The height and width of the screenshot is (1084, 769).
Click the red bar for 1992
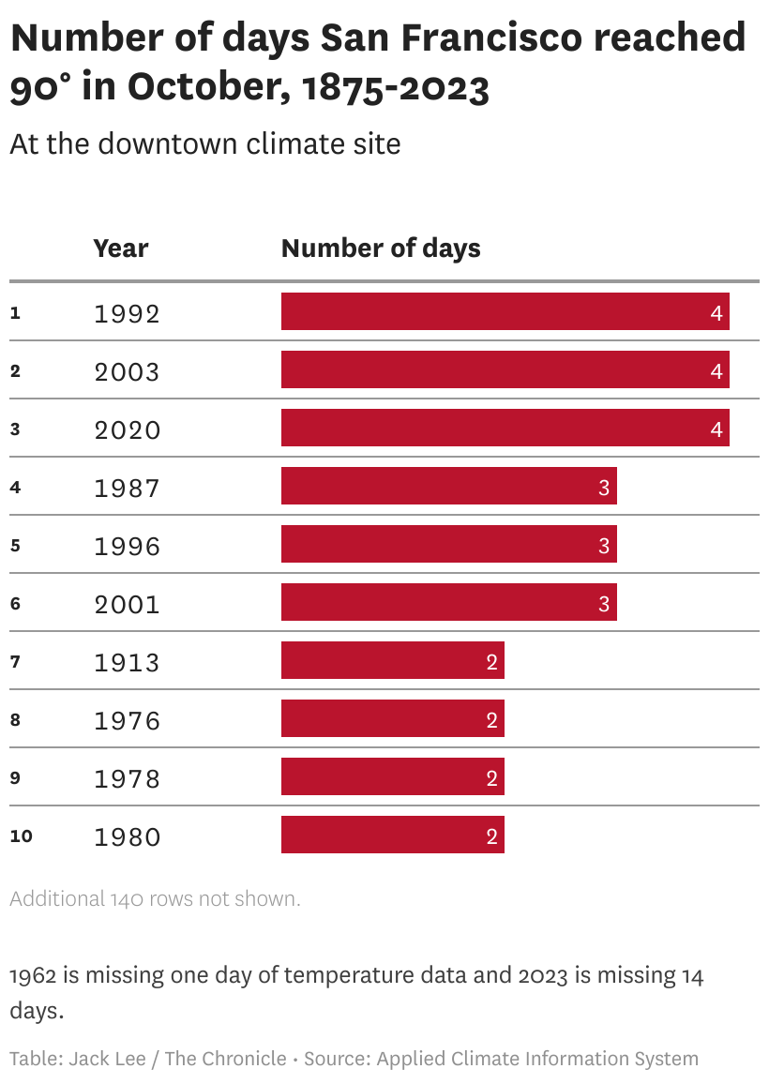[505, 311]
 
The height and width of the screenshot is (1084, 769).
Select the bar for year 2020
[505, 428]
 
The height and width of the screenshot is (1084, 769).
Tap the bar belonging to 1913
[393, 660]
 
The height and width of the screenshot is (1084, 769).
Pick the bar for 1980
[393, 835]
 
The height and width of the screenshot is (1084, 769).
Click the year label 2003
[128, 372]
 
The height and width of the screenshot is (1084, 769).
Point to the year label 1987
[128, 488]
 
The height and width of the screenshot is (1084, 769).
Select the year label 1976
[128, 720]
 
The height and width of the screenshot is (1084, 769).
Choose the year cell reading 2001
[128, 604]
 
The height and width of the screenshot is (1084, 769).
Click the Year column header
[121, 248]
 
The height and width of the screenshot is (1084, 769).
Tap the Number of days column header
[381, 248]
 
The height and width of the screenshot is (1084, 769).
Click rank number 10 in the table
[22, 836]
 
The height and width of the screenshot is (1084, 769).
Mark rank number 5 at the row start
[15, 546]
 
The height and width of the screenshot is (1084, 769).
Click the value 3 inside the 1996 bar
[604, 546]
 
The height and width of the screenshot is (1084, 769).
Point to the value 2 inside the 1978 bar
[491, 777]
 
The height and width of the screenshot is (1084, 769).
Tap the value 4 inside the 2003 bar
[716, 371]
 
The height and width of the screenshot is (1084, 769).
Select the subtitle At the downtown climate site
[205, 143]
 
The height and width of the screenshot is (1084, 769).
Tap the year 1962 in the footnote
[33, 975]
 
